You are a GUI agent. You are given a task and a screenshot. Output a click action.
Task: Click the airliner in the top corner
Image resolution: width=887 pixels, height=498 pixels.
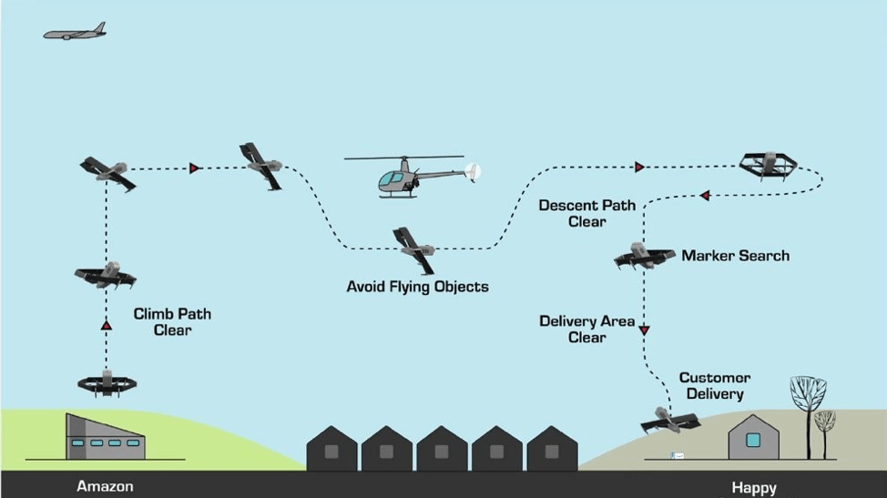coord(75,32)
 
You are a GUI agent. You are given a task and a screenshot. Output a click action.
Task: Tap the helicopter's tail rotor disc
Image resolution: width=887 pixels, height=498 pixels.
coord(473,172)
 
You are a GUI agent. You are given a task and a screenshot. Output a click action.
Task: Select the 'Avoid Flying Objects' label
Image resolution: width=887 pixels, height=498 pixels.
coord(417,287)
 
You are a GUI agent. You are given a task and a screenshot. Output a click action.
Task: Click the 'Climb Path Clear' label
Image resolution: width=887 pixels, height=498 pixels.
coord(172,322)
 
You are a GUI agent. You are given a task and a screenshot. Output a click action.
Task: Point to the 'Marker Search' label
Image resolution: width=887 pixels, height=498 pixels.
coord(736,256)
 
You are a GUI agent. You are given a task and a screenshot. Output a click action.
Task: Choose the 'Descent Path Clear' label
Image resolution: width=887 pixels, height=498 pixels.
coord(587,213)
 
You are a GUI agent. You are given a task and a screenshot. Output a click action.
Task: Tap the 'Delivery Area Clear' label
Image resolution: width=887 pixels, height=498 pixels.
coord(587,329)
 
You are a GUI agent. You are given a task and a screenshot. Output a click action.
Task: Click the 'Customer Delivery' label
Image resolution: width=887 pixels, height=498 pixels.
coord(715,385)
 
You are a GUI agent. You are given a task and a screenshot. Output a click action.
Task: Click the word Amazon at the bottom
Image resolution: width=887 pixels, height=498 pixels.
coord(106,486)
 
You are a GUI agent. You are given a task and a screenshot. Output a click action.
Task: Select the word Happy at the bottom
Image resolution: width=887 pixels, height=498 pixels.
coord(754,488)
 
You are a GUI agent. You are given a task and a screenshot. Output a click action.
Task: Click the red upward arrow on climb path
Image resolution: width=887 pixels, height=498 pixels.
coord(107,326)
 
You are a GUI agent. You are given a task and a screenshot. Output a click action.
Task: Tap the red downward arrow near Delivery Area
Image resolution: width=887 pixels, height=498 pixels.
coord(644,330)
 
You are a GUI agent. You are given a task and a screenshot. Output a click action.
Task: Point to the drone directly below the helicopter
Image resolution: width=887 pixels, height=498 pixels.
coord(414,249)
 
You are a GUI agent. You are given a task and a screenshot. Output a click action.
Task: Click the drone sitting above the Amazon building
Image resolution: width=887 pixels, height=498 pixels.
coord(107,383)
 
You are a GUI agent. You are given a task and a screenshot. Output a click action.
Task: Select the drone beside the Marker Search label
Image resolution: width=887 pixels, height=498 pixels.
coord(644,256)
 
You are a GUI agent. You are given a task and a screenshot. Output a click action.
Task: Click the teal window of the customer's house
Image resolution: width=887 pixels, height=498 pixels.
coord(753,440)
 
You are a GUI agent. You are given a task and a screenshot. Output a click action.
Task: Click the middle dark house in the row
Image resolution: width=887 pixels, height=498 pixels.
coord(442,448)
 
